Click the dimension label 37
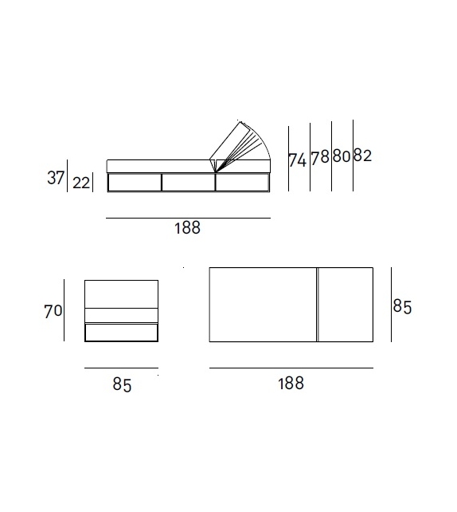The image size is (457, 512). click(56, 178)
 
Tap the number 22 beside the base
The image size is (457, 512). click(81, 183)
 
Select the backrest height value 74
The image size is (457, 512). click(298, 160)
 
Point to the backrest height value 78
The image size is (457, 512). click(320, 158)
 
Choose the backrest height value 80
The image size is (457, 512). click(342, 156)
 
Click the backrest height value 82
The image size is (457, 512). click(362, 156)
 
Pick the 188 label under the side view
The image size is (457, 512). click(187, 228)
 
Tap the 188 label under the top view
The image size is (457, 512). click(291, 383)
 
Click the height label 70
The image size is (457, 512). click(53, 311)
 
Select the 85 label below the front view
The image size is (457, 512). click(123, 384)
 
